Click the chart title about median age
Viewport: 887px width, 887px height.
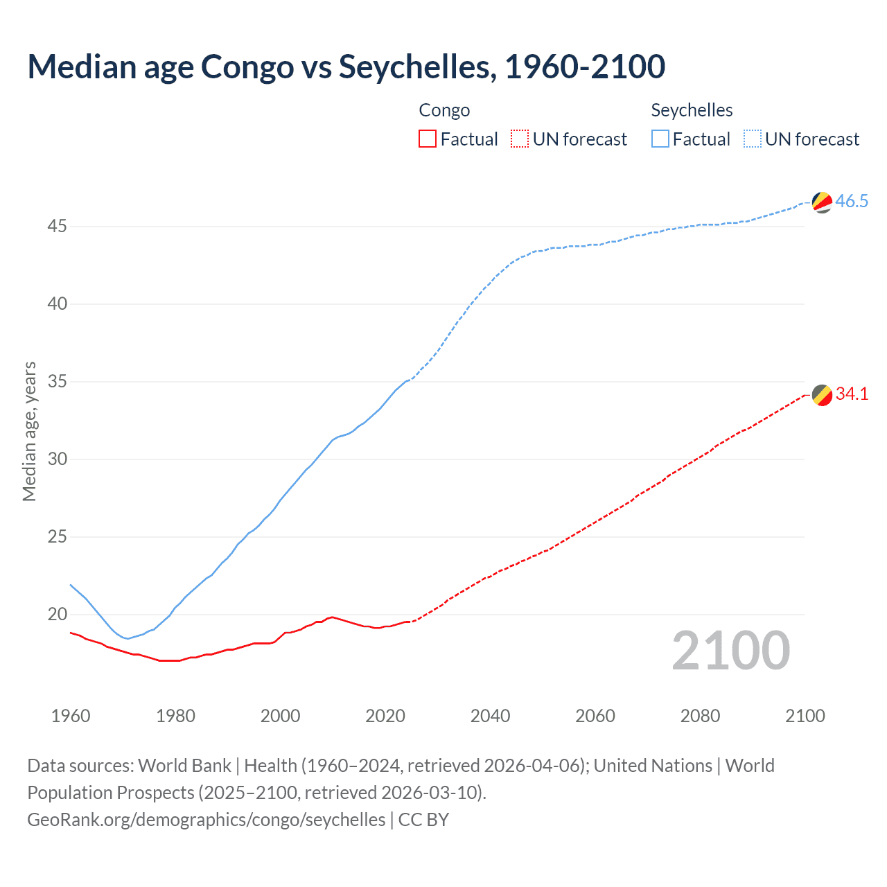[346, 67]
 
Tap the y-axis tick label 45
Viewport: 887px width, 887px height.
[58, 227]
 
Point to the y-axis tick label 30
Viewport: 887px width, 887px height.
[58, 459]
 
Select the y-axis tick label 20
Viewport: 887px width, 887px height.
[58, 615]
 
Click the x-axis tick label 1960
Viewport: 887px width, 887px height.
[71, 716]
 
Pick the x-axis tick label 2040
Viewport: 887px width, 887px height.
[490, 716]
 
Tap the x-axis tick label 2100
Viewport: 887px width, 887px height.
[805, 716]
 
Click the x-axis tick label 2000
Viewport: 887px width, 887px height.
[280, 716]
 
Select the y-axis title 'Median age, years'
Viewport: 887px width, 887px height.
[29, 431]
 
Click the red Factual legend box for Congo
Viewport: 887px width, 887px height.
[428, 139]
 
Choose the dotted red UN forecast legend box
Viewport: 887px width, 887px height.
[520, 139]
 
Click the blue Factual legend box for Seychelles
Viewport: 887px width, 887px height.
[660, 139]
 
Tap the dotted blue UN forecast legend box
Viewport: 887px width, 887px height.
[752, 139]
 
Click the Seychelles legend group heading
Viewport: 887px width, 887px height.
[692, 110]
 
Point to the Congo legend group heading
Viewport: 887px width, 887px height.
[444, 110]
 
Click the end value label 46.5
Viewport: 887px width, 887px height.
[852, 202]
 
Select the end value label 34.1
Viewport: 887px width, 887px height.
[852, 394]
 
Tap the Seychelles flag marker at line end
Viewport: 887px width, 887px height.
[822, 202]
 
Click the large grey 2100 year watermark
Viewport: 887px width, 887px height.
[730, 650]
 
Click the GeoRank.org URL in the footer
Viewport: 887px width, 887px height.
[207, 820]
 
